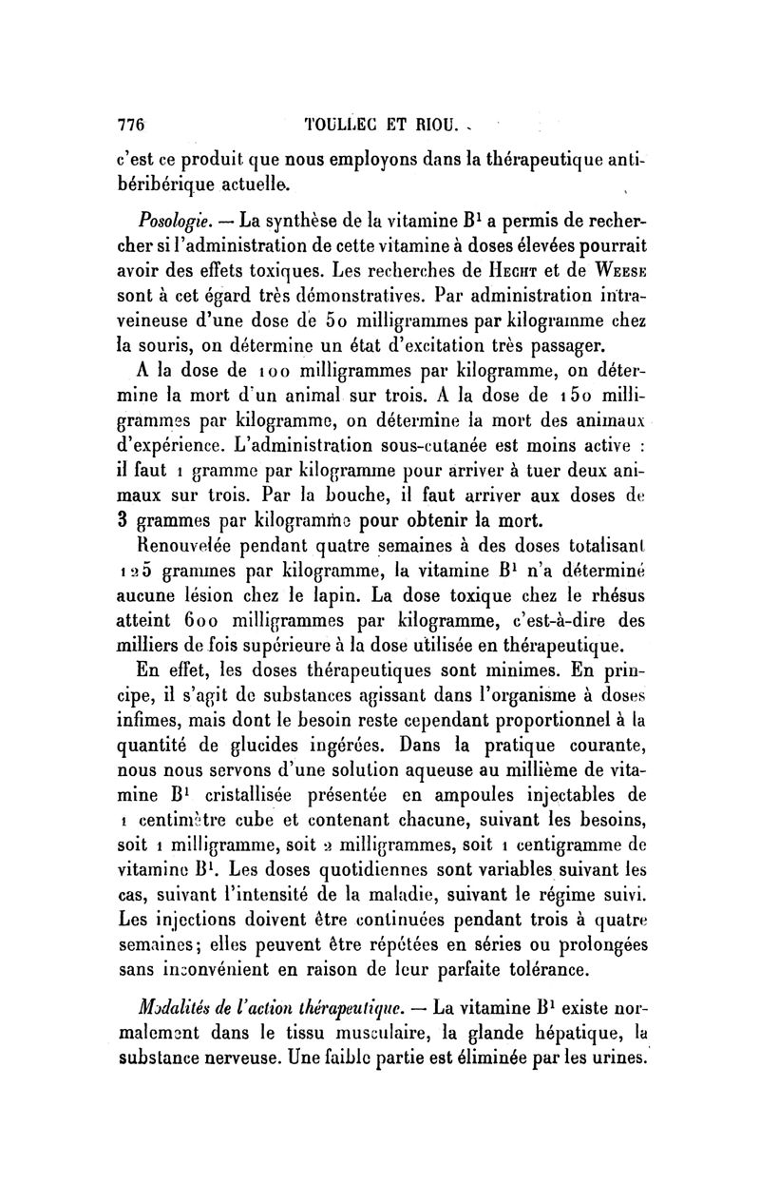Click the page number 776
pyautogui.click(x=129, y=123)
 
